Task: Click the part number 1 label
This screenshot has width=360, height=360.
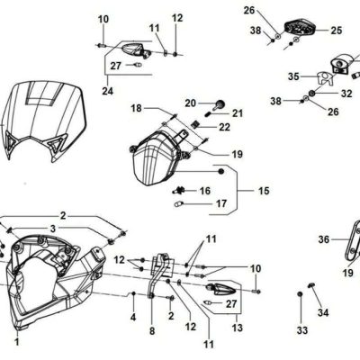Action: coord(17,342)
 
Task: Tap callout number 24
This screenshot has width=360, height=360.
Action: coord(108,91)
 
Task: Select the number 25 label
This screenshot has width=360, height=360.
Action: coord(337,31)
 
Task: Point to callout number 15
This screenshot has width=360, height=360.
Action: coord(264,191)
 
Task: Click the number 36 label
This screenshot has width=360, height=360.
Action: coord(324,239)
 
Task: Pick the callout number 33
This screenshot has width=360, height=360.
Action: coord(302,330)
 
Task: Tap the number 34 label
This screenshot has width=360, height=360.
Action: coord(323,312)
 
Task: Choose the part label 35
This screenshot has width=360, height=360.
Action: coord(293,76)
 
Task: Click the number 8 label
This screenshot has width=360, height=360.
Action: coord(152,331)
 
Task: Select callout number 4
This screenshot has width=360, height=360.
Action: coord(133,317)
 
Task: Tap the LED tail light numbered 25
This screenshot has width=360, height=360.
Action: coord(300,29)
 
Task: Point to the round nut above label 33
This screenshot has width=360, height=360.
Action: coord(300,294)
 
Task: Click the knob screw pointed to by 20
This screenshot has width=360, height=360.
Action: coord(220,104)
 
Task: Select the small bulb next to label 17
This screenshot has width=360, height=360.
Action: coord(178,204)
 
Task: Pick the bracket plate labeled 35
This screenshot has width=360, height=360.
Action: coord(325,78)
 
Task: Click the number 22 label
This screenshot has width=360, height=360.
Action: coord(224,127)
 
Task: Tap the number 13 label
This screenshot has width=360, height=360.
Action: coord(237,328)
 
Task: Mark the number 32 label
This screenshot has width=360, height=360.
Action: coord(346,94)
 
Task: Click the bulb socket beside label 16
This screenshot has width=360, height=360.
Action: coord(180,190)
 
